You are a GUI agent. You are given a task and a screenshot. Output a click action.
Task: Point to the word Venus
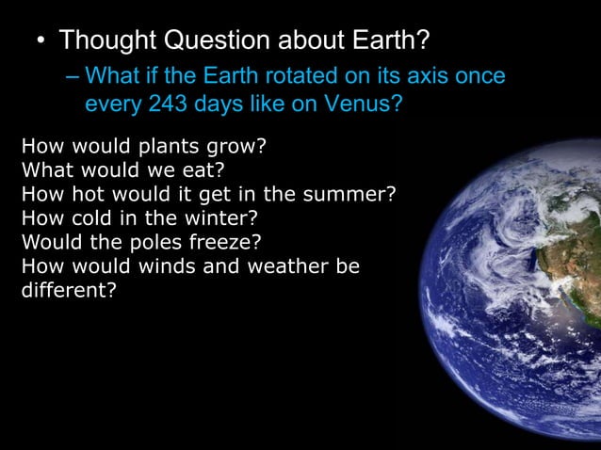362,104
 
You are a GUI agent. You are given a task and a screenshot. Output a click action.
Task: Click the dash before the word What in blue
73,74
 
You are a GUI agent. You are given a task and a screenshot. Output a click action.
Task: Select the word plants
171,148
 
